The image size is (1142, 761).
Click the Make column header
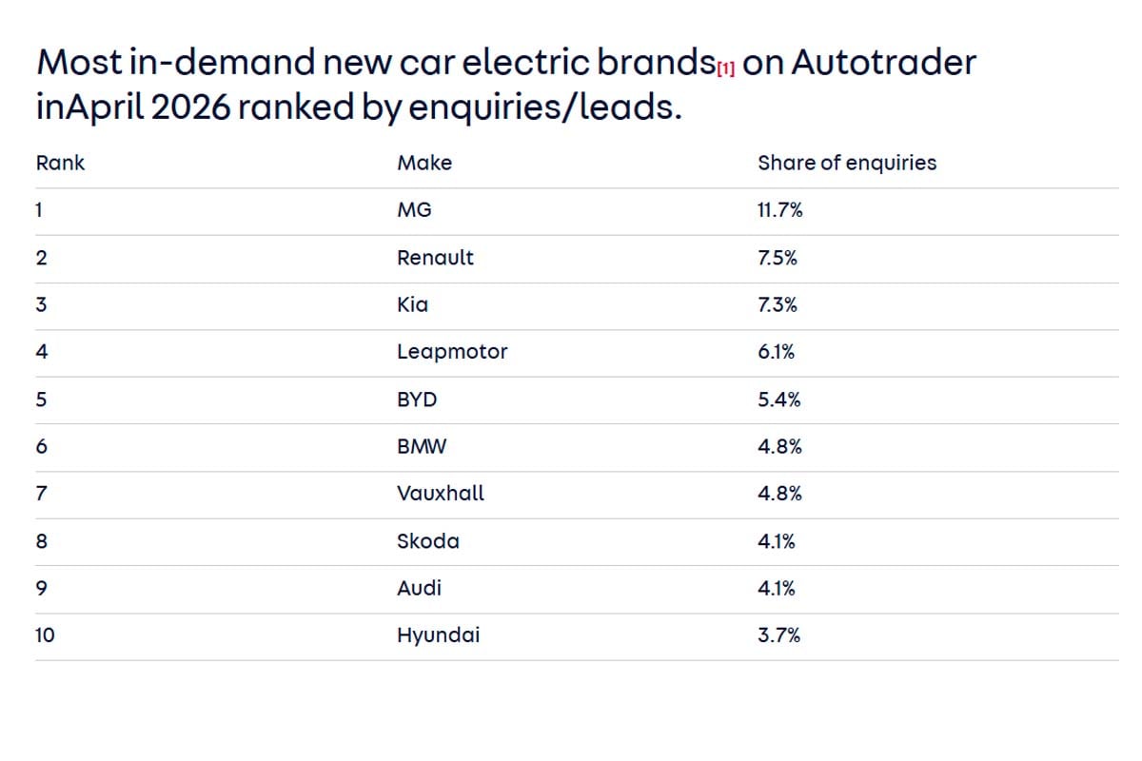pos(424,163)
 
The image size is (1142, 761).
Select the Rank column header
pos(60,163)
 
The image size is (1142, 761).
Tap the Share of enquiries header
pos(846,163)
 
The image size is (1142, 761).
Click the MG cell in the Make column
pos(414,210)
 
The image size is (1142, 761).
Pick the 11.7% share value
pos(779,210)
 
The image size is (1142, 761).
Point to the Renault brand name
pos(435,258)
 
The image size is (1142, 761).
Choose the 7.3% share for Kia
pos(778,305)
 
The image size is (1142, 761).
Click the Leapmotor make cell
pos(452,352)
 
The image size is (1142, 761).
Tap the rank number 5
pos(41,400)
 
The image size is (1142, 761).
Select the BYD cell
pos(417,400)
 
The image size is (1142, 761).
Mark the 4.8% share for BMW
pos(779,446)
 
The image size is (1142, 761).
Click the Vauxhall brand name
pos(441,494)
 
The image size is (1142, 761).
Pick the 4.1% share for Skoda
pos(777,541)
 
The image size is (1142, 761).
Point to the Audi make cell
pos(420,588)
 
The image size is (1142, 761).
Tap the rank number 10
pos(45,635)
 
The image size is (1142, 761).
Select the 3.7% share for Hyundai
pos(778,635)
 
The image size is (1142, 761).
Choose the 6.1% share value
pos(777,352)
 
